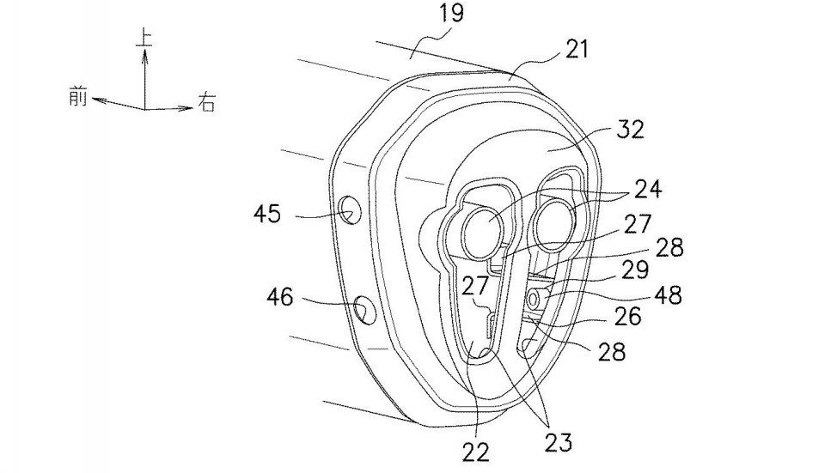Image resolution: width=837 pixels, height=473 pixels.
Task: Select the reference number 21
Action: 576,49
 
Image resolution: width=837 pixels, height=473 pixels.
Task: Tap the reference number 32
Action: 631,130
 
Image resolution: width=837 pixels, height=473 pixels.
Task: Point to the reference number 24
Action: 648,189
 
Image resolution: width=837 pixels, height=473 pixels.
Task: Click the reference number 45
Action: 267,215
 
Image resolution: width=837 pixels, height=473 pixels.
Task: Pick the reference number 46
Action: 280,296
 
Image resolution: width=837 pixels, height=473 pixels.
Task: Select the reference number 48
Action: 669,294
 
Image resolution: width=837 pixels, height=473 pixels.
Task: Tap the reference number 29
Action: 635,270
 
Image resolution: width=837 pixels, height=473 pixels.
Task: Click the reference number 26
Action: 627,316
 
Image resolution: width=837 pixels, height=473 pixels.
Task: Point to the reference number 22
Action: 475,452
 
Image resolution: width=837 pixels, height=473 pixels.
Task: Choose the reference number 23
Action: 559,442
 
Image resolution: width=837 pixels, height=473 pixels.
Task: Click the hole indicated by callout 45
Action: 350,209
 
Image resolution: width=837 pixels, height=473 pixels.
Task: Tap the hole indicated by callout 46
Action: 366,309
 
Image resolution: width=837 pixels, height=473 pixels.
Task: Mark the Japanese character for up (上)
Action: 144,37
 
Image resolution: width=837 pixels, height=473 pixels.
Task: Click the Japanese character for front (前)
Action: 78,96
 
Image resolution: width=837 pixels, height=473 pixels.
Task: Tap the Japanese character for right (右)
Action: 206,102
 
